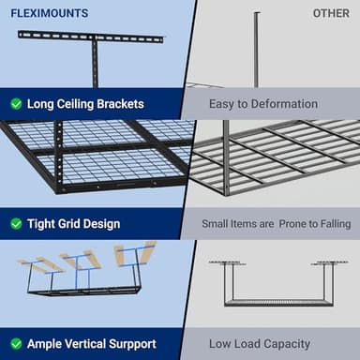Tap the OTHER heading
[331, 13]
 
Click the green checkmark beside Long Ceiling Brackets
[16, 104]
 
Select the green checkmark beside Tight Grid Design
[16, 224]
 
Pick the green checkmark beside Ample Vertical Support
[16, 344]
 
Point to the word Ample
[47, 344]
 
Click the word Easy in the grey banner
[221, 104]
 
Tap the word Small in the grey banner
[217, 224]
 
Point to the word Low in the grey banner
[220, 344]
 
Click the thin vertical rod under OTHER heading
[257, 47]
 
